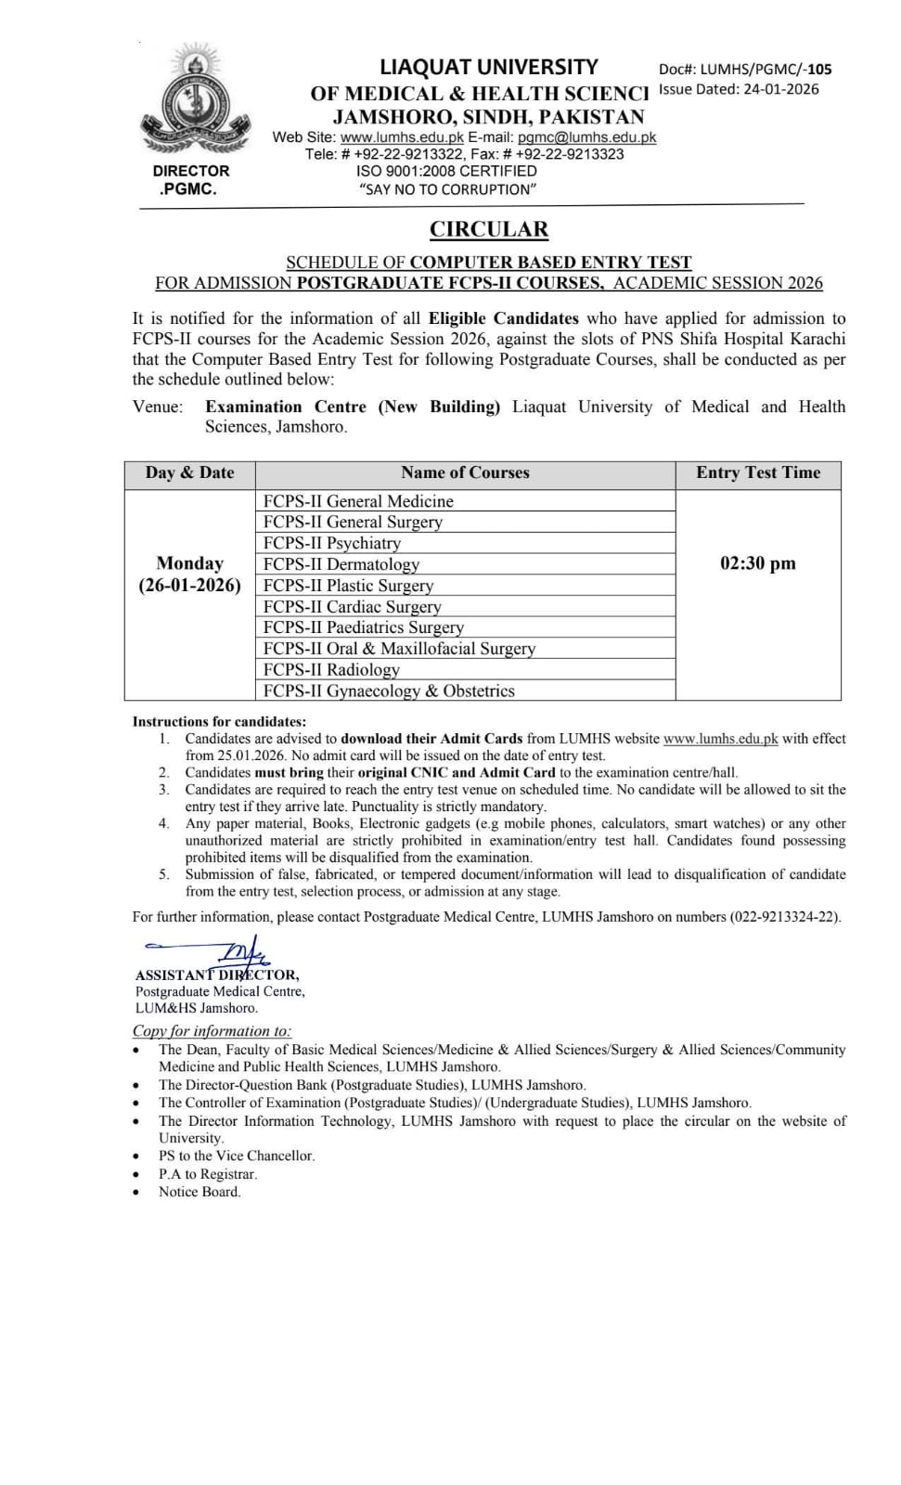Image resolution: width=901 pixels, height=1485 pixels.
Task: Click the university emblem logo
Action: click(197, 108)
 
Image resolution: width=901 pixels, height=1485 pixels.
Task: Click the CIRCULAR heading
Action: click(488, 229)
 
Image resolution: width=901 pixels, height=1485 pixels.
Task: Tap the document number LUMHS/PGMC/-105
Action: click(766, 69)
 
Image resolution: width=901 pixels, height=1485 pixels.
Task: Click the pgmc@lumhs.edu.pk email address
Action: click(586, 137)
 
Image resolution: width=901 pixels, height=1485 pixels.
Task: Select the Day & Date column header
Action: click(190, 472)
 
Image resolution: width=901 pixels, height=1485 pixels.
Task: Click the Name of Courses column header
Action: click(465, 472)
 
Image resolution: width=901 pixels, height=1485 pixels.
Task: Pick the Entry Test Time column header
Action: click(758, 472)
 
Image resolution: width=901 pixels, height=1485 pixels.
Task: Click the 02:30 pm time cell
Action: click(758, 563)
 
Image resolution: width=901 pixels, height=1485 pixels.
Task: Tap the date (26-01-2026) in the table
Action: click(190, 586)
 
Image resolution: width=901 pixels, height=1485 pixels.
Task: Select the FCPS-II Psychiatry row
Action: click(332, 543)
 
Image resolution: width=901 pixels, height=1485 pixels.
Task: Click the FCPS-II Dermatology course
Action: click(341, 564)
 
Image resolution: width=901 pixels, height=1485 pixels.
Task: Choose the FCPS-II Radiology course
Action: click(331, 669)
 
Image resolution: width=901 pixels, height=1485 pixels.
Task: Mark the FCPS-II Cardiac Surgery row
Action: click(353, 606)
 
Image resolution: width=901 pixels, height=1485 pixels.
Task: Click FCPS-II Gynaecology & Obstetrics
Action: click(389, 691)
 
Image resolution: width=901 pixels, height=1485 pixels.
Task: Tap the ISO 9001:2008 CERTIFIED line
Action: click(446, 171)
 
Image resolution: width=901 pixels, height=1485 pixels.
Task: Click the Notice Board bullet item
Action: click(200, 1192)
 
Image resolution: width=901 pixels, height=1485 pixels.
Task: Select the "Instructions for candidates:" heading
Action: click(219, 721)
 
